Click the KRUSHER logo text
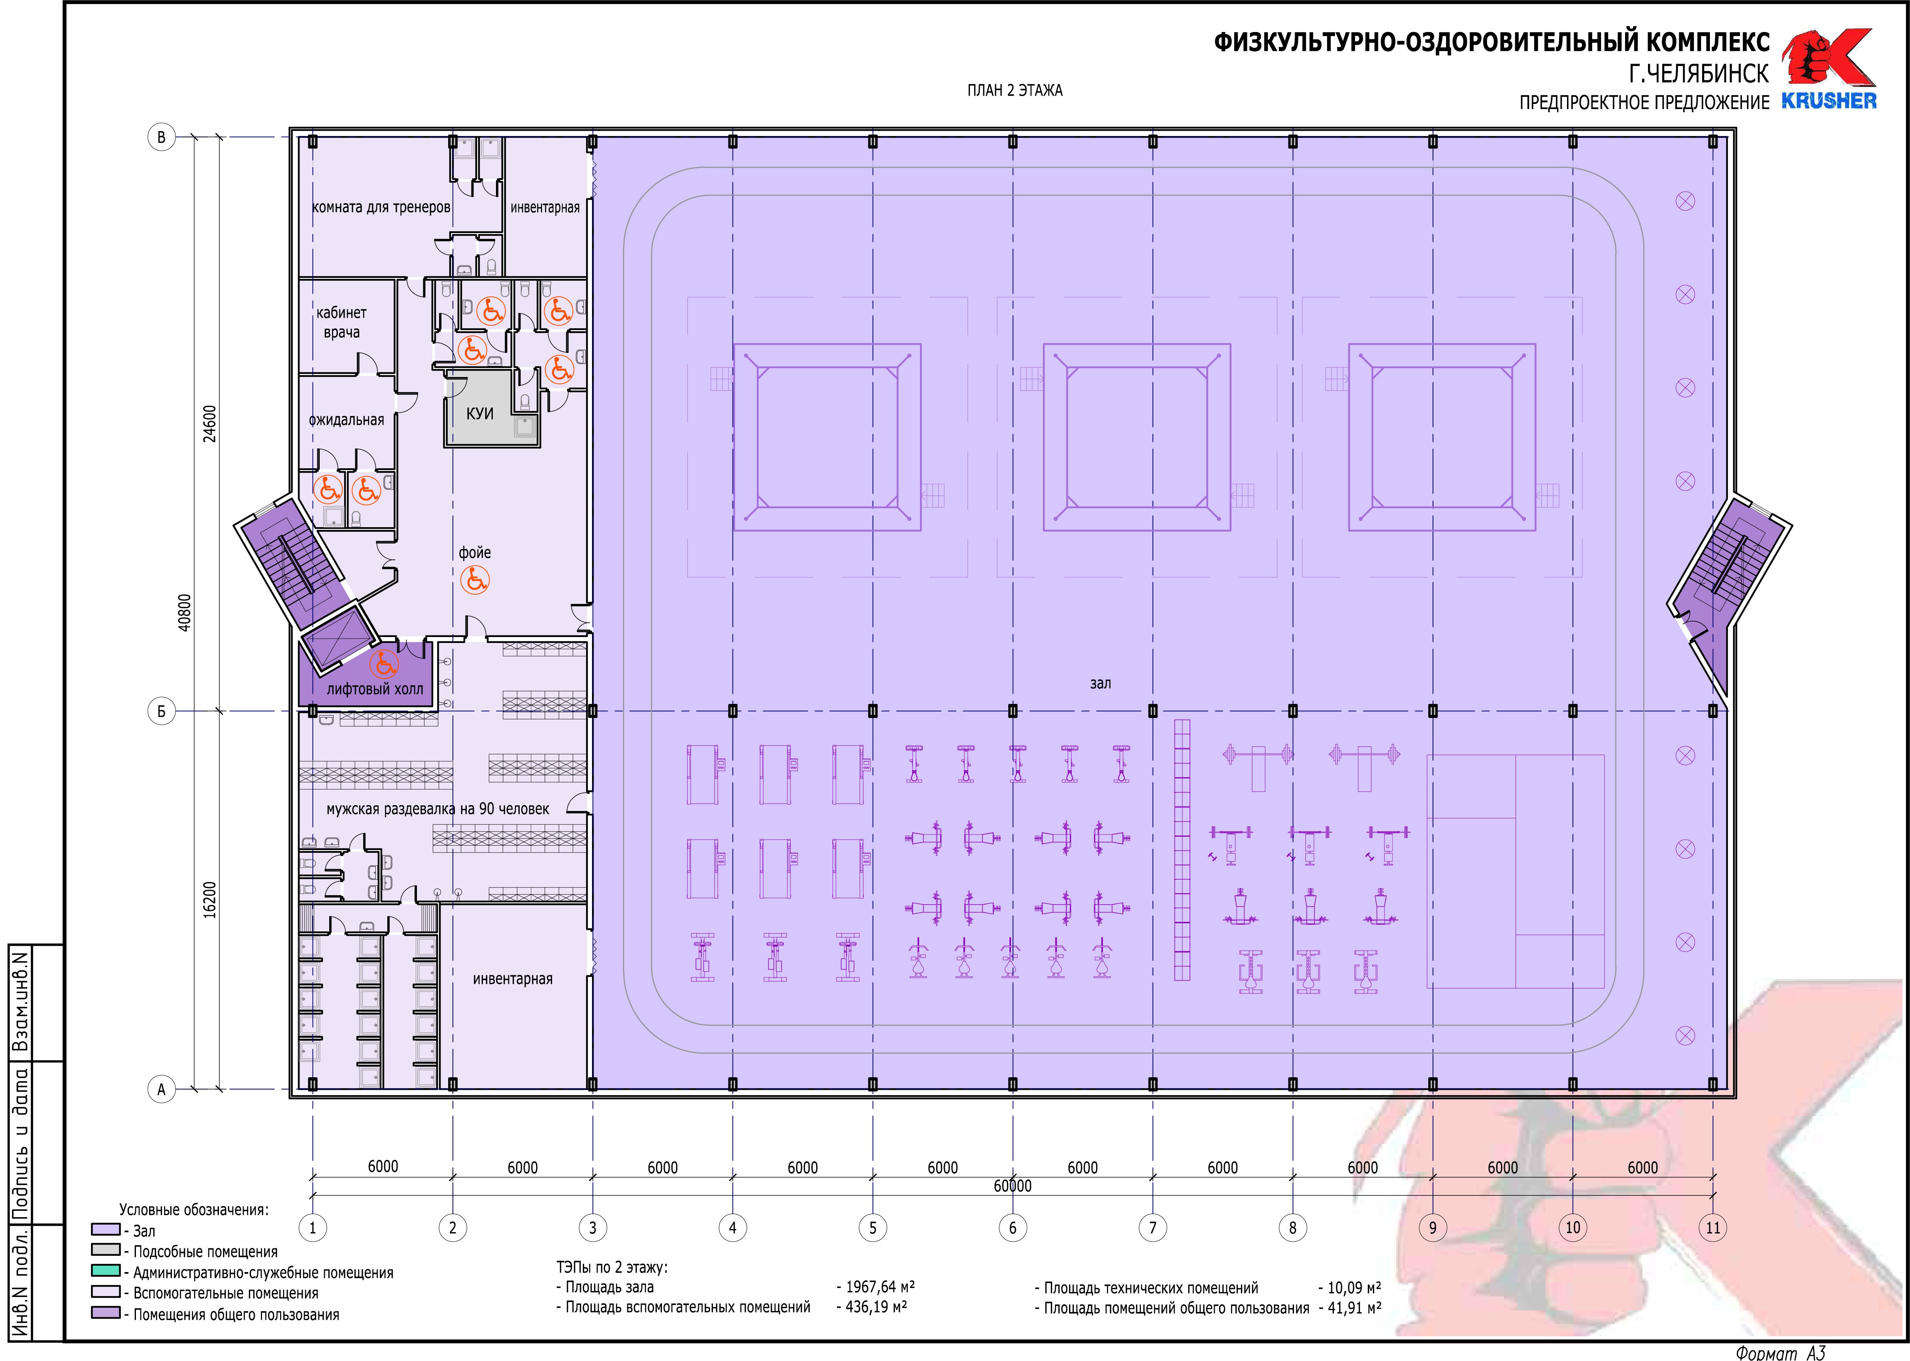(1829, 100)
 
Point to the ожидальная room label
(346, 420)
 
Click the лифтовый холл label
(375, 689)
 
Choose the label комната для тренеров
(381, 207)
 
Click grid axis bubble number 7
(1152, 1228)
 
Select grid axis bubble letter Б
(162, 711)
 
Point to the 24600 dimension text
(209, 423)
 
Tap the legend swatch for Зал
(106, 1229)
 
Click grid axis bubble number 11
(1712, 1228)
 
